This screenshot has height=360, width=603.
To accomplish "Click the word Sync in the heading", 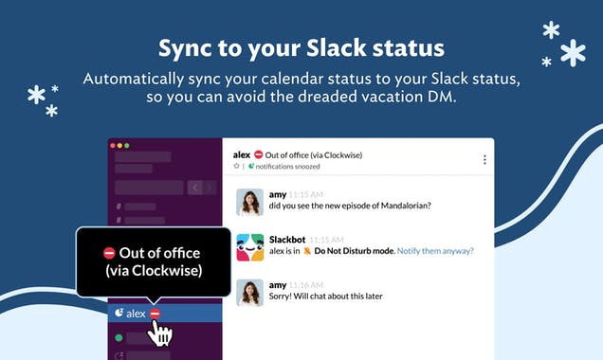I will click(186, 47).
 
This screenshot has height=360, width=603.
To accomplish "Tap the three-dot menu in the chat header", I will click(484, 160).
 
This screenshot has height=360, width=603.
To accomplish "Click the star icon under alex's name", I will click(237, 167).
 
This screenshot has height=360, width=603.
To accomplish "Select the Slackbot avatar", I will click(249, 246).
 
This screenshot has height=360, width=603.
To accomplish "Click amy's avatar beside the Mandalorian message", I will click(249, 201).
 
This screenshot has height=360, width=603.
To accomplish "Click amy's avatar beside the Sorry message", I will click(249, 292).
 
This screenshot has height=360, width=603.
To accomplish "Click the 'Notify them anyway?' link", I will click(435, 251).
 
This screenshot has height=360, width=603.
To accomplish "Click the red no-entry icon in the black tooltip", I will click(109, 253).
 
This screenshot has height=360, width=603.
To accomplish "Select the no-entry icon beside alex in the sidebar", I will click(155, 313).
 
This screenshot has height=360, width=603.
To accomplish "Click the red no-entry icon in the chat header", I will click(258, 154).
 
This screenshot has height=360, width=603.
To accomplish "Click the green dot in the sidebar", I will click(119, 337).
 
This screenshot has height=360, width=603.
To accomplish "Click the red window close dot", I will click(113, 146).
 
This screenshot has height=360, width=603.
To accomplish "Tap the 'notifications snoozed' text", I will click(286, 167).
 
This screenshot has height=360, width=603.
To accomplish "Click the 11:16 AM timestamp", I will click(306, 285).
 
